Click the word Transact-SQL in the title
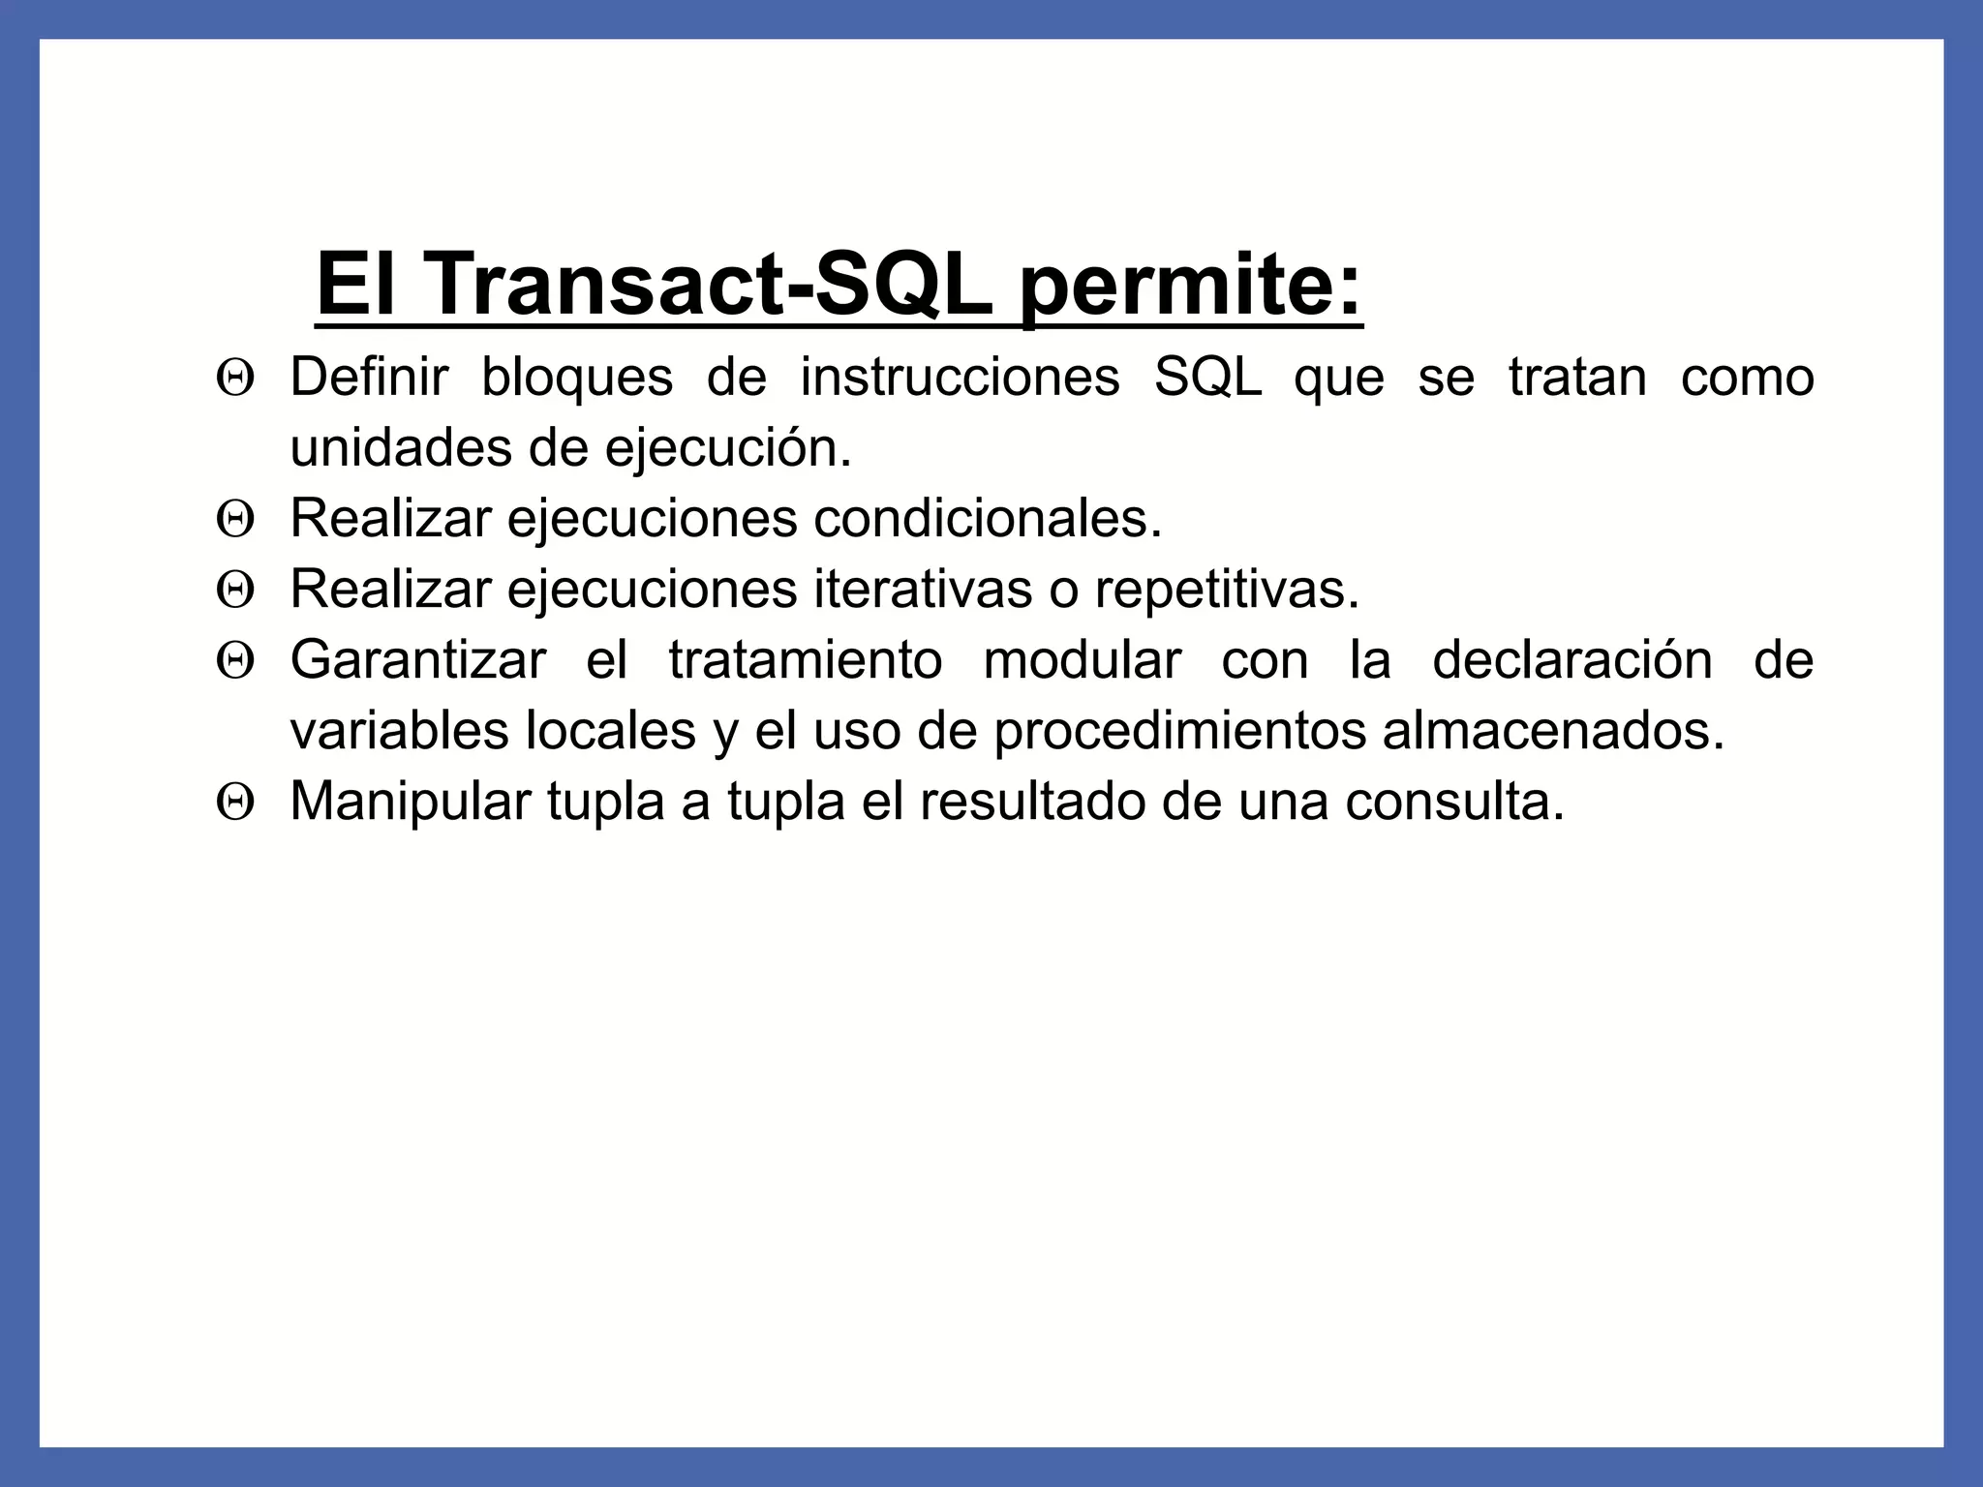pyautogui.click(x=709, y=285)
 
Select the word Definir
pyautogui.click(x=369, y=377)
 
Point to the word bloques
pyautogui.click(x=577, y=377)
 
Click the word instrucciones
pyautogui.click(x=960, y=377)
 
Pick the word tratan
pyautogui.click(x=1577, y=377)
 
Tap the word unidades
pyautogui.click(x=401, y=447)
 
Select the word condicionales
pyautogui.click(x=987, y=518)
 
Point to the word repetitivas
pyautogui.click(x=1227, y=589)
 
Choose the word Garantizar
pyautogui.click(x=418, y=660)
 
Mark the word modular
pyautogui.click(x=1082, y=660)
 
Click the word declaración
pyautogui.click(x=1572, y=660)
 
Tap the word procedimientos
pyautogui.click(x=1179, y=731)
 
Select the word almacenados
pyautogui.click(x=1553, y=731)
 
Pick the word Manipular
pyautogui.click(x=411, y=802)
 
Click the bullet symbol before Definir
pyautogui.click(x=235, y=378)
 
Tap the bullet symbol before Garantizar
pyautogui.click(x=235, y=661)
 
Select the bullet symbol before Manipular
pyautogui.click(x=235, y=803)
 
